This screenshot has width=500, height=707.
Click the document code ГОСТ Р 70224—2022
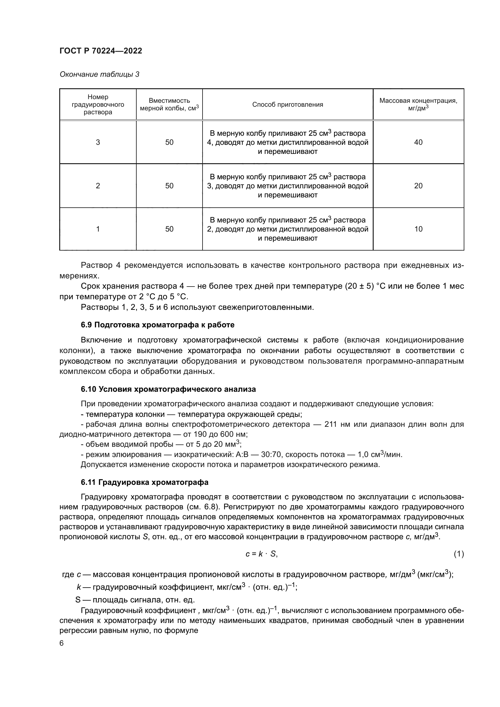click(x=101, y=51)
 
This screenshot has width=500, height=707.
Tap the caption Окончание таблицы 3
click(x=99, y=74)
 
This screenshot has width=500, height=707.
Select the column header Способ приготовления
click(x=287, y=104)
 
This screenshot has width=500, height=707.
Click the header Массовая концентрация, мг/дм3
click(x=418, y=104)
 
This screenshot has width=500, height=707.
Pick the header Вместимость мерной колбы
click(x=169, y=104)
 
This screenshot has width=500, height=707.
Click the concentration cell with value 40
click(x=418, y=142)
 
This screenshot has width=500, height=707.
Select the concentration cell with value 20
click(x=418, y=186)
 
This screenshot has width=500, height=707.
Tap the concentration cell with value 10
click(x=418, y=229)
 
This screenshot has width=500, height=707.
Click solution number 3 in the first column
click(x=98, y=142)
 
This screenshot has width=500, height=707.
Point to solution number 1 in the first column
click(x=98, y=229)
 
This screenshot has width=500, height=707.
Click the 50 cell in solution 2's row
click(x=169, y=186)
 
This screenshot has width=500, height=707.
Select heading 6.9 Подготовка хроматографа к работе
click(x=157, y=325)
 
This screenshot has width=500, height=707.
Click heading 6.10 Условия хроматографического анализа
click(x=168, y=389)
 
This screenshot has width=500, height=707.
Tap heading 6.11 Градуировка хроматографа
click(x=144, y=482)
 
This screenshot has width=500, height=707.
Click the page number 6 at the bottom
click(x=62, y=644)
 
